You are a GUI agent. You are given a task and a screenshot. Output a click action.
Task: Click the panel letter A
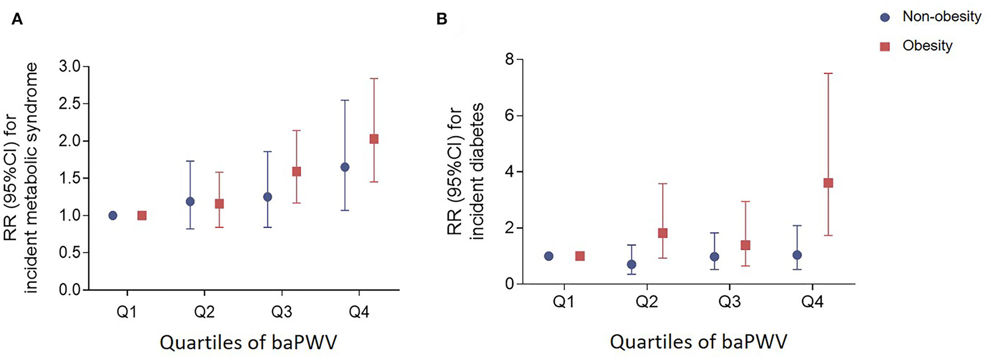click(x=17, y=19)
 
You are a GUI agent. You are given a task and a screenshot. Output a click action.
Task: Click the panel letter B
click(x=441, y=19)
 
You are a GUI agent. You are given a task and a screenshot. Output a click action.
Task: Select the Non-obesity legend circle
click(x=885, y=17)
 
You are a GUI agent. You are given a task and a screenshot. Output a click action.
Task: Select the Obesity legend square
click(x=885, y=47)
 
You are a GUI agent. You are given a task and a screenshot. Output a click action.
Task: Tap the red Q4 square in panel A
click(x=374, y=139)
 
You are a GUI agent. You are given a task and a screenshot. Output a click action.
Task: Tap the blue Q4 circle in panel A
click(x=345, y=167)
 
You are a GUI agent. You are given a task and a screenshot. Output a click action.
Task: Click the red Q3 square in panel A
click(x=297, y=172)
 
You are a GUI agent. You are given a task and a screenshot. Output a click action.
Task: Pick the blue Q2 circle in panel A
click(x=190, y=201)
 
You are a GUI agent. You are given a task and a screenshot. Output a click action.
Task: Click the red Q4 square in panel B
click(x=828, y=183)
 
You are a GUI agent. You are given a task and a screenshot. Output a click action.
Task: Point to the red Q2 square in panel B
click(x=662, y=233)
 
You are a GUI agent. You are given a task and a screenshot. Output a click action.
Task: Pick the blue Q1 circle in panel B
click(x=549, y=256)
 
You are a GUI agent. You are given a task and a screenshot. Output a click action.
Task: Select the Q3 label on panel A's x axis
click(x=282, y=312)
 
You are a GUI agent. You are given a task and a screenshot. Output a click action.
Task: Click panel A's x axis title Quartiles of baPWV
click(x=248, y=342)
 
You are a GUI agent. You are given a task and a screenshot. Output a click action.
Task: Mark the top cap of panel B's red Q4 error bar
click(x=828, y=73)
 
